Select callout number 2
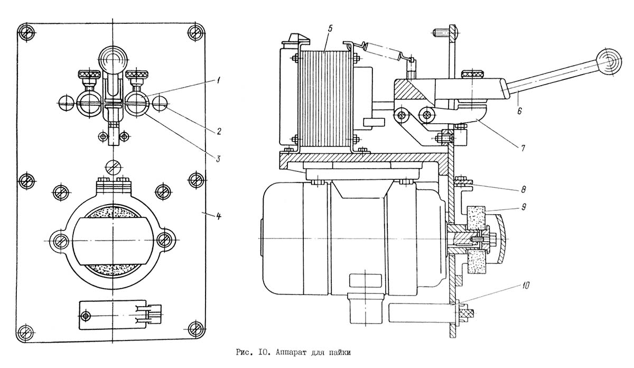(x=219, y=132)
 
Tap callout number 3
(x=218, y=159)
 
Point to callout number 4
(x=218, y=216)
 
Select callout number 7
(x=523, y=148)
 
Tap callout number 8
(x=523, y=189)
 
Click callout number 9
(x=524, y=207)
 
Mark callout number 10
(x=525, y=286)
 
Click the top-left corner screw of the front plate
(x=26, y=33)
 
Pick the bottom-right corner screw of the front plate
(x=196, y=329)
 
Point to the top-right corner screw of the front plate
(x=196, y=33)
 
